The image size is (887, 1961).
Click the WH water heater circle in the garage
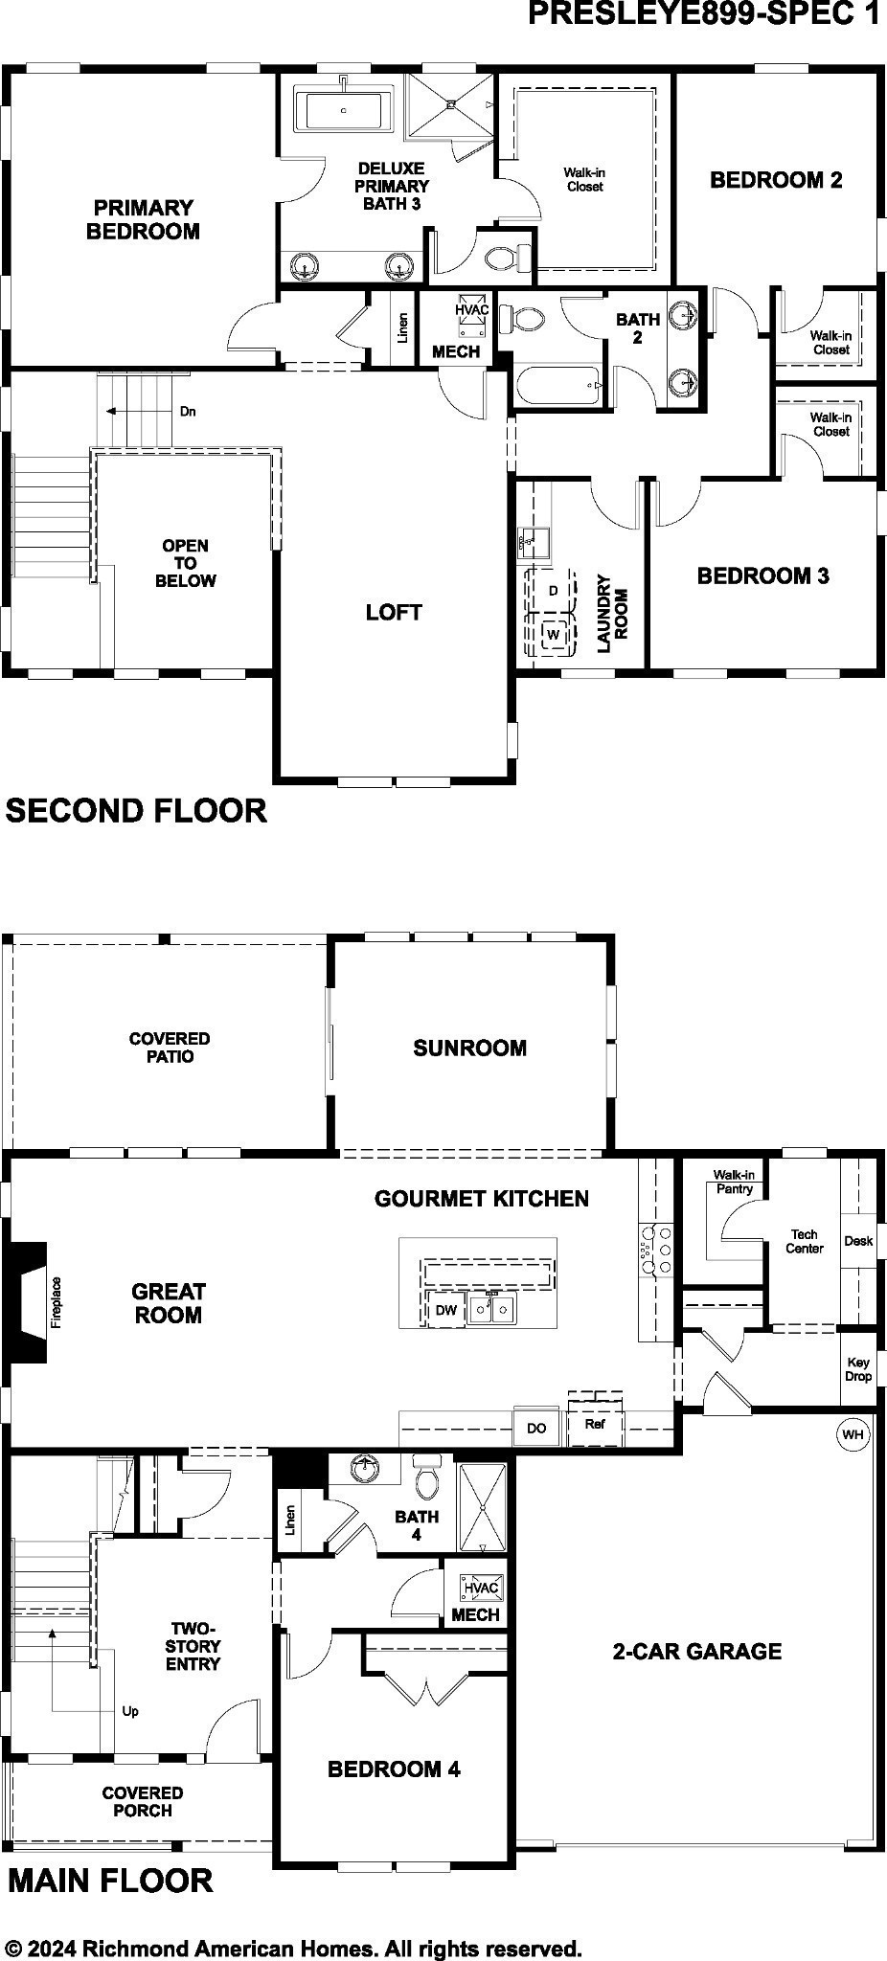pos(853,1434)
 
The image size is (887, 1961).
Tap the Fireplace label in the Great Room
pos(56,1302)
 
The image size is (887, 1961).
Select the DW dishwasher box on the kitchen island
pos(446,1310)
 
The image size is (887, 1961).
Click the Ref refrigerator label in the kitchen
pos(595,1424)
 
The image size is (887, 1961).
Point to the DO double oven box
pos(536,1428)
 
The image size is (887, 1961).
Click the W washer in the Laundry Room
pos(553,635)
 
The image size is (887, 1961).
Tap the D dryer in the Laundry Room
pos(553,591)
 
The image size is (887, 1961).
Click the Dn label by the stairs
pos(188,412)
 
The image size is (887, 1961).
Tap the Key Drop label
pos(858,1369)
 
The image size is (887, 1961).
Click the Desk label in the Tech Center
pos(858,1241)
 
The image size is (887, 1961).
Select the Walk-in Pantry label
pos(735,1182)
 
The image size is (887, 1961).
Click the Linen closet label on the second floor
pos(403,328)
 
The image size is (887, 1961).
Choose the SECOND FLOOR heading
pos(136,811)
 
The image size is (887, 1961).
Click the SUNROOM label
pos(470,1048)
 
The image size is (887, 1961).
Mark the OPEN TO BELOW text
pos(186,563)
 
